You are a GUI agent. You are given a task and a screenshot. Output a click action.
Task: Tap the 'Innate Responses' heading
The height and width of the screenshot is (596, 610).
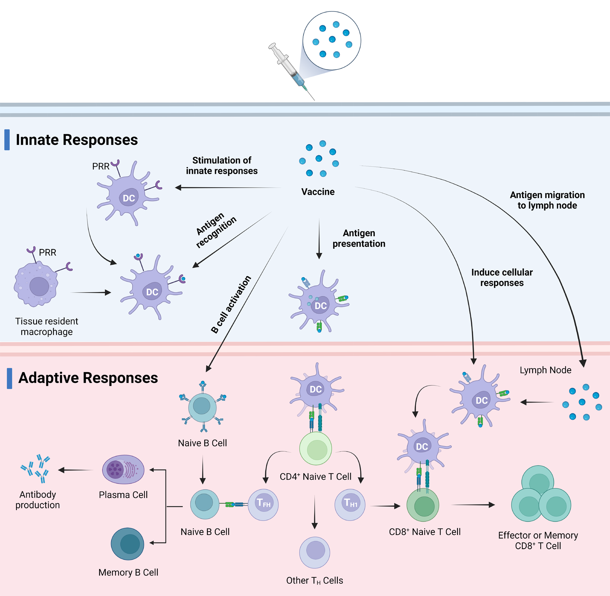click(77, 140)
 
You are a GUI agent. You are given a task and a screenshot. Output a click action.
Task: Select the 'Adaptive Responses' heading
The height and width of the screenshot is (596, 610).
click(88, 378)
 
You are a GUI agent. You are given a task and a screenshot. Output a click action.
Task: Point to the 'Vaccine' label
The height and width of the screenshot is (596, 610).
click(318, 192)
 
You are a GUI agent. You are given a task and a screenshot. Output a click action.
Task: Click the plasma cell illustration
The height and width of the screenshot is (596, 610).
click(123, 470)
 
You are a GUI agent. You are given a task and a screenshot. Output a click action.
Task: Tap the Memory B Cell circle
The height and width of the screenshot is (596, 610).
click(127, 544)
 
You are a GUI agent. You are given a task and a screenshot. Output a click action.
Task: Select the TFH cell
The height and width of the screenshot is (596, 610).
click(263, 504)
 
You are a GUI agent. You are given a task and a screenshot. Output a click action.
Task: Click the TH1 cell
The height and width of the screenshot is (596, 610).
click(350, 504)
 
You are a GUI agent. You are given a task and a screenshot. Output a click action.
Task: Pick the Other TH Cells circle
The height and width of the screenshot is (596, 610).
click(315, 552)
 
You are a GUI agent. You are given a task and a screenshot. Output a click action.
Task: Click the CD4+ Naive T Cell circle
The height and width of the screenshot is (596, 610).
click(316, 448)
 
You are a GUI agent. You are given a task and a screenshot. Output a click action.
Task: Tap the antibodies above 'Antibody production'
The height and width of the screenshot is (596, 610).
click(36, 468)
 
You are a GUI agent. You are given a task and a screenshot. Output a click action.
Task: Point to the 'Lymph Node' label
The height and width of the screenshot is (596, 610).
click(545, 370)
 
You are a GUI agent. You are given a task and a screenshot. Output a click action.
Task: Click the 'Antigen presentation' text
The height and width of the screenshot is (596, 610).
click(359, 238)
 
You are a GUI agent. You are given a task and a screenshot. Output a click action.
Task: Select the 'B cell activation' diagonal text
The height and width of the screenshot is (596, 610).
click(231, 304)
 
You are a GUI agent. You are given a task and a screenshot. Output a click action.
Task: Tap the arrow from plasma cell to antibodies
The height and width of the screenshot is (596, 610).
click(76, 470)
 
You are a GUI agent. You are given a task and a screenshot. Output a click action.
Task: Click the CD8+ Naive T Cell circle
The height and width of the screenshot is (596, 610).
click(423, 506)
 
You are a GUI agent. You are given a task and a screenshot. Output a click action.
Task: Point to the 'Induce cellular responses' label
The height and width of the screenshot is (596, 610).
click(502, 278)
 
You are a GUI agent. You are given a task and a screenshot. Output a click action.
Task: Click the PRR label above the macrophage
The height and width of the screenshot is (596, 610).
click(47, 252)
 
